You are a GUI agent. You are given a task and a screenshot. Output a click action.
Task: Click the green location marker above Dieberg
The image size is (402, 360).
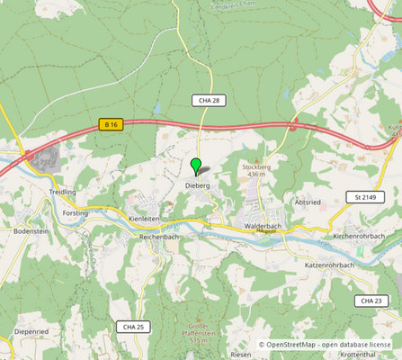[x=196, y=166]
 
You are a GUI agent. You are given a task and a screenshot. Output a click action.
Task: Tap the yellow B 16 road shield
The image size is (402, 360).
[x=111, y=125]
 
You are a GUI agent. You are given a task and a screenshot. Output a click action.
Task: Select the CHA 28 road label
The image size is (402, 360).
[x=206, y=99]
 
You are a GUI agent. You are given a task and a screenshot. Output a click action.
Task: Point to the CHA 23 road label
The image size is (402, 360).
[x=369, y=301]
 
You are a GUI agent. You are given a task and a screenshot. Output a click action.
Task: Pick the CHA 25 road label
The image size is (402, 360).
[x=130, y=326]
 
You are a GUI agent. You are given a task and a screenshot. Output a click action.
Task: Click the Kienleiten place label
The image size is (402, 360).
[x=144, y=219]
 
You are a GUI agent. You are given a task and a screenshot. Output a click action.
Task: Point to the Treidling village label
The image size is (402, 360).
[x=62, y=193]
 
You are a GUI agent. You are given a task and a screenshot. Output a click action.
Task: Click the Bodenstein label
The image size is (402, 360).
[x=31, y=230]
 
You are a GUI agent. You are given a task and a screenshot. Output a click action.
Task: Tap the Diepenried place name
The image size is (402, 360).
[x=31, y=331]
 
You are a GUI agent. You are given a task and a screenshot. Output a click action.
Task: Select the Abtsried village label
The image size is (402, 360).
[x=306, y=202]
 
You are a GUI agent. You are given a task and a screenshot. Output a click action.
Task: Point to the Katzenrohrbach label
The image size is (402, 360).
[x=330, y=265]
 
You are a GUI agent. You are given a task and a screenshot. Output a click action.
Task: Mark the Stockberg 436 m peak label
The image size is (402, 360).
[x=255, y=169]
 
